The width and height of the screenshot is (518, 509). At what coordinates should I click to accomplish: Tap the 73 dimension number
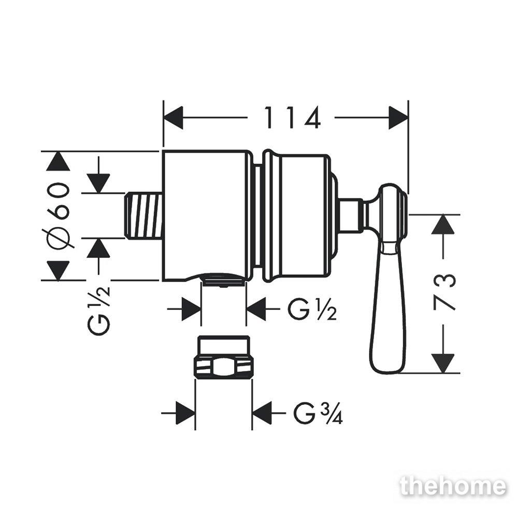point(444,293)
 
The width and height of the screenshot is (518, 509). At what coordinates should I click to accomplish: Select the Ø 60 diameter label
point(59,215)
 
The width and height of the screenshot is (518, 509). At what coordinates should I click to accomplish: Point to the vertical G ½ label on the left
point(98,311)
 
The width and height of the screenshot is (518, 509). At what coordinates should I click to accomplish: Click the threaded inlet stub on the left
point(144,215)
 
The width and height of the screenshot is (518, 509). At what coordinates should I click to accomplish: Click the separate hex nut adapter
point(223,357)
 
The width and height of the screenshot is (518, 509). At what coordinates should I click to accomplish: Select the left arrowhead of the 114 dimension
point(173,118)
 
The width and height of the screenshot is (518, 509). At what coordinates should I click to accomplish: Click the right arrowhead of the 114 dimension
point(398,118)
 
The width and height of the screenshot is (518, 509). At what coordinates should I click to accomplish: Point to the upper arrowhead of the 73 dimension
point(443,225)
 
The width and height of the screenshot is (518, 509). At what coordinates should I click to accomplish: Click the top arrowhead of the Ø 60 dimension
point(58,161)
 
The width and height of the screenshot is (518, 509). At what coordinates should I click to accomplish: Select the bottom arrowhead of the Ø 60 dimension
point(58,271)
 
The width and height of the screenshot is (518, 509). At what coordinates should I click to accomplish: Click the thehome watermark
point(453,486)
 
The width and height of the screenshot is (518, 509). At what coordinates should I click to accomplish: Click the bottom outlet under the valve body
point(224,281)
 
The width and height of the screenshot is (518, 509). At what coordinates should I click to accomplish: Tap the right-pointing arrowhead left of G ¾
point(185,413)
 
